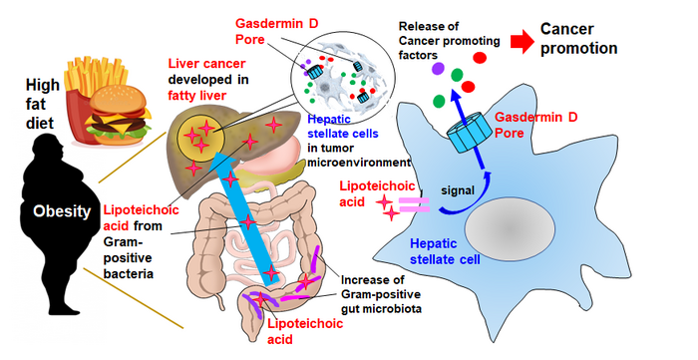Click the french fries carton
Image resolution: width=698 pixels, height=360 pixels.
pos(86,86)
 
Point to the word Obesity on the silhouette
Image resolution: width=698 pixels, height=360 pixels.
pos(50,211)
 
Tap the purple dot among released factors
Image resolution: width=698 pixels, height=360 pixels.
pos(438,69)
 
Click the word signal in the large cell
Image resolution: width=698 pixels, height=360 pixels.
pos(463,188)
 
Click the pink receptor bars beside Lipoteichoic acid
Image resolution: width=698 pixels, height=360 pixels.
pos(414,205)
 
